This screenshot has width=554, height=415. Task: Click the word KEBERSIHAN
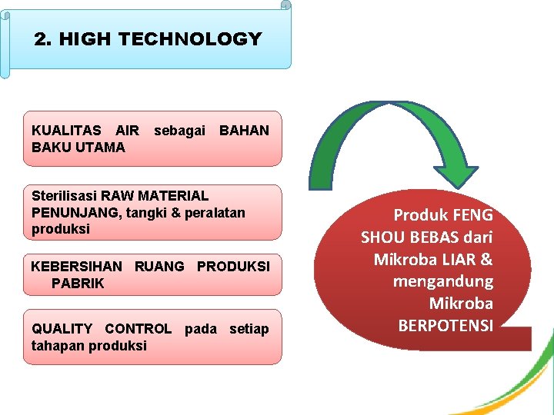point(76,267)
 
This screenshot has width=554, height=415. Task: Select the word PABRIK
point(78,284)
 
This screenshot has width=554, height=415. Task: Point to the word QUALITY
point(63,329)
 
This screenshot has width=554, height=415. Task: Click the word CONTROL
point(138,329)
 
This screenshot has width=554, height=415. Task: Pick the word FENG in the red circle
point(473,215)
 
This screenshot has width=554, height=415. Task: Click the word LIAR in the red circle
point(458,260)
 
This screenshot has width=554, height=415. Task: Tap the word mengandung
point(442,281)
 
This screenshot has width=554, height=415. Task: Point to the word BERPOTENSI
point(446,325)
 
